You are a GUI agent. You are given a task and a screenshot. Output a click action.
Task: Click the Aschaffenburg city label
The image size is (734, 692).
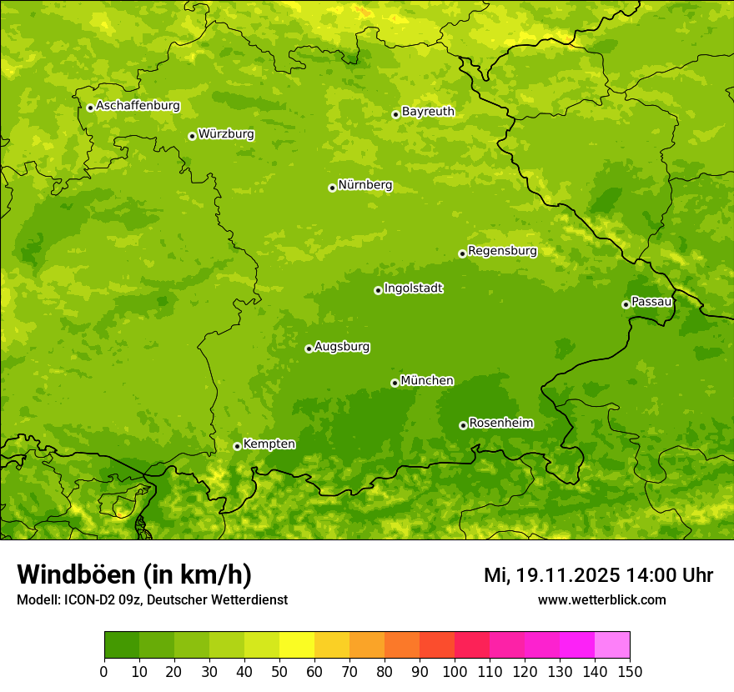point(138,106)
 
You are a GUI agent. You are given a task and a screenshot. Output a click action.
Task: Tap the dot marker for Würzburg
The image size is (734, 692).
point(192,136)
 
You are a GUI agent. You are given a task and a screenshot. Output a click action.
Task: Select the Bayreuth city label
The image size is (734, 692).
point(428,112)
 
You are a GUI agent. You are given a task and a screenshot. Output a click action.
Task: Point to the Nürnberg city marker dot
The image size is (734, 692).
point(332,188)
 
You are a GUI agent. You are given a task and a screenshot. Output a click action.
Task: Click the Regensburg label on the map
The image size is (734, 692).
point(502,251)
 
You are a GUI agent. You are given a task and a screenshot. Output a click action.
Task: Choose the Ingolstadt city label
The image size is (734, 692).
point(413,288)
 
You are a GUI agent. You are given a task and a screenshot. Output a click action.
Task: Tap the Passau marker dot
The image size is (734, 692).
point(626,304)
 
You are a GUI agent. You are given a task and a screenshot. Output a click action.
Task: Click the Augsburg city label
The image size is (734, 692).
point(342,347)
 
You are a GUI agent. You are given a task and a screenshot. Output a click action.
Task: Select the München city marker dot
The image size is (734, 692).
point(395,383)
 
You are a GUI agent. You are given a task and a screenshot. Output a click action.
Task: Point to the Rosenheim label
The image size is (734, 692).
point(500,424)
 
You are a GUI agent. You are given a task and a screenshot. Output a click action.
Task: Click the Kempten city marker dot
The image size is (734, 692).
point(237,446)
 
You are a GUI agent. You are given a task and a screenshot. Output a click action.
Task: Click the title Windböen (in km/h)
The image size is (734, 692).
point(134,574)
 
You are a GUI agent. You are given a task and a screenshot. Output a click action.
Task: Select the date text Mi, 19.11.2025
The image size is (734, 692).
point(551,575)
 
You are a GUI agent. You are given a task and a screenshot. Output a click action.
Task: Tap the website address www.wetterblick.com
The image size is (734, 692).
point(601,599)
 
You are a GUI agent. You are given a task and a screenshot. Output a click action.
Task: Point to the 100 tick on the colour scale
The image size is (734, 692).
point(455,671)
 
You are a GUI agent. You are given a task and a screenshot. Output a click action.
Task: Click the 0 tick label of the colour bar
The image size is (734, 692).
point(104,671)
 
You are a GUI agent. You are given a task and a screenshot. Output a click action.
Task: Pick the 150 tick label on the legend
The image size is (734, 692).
point(630,671)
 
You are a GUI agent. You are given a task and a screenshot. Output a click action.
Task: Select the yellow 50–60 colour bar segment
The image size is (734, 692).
point(297,645)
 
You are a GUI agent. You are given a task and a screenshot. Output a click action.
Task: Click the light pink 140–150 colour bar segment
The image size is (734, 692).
point(612,645)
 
